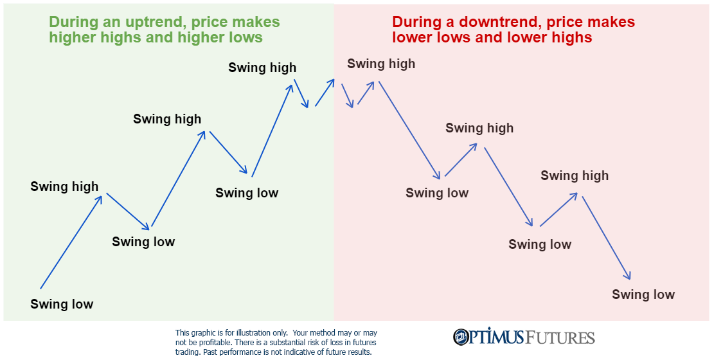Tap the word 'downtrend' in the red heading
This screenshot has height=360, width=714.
click(x=495, y=22)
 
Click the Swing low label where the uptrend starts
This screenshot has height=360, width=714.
click(x=62, y=304)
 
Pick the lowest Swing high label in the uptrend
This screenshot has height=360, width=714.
click(x=64, y=186)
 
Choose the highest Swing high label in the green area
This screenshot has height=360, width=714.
click(x=262, y=67)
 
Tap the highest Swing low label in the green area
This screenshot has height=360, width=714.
click(x=247, y=193)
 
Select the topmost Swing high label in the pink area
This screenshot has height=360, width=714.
click(x=381, y=64)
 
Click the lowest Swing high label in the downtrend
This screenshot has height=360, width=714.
click(x=575, y=175)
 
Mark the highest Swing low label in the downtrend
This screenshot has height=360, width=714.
click(x=437, y=193)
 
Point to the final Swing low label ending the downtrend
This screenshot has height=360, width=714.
click(x=643, y=294)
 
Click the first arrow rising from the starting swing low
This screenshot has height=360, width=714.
click(x=71, y=242)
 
